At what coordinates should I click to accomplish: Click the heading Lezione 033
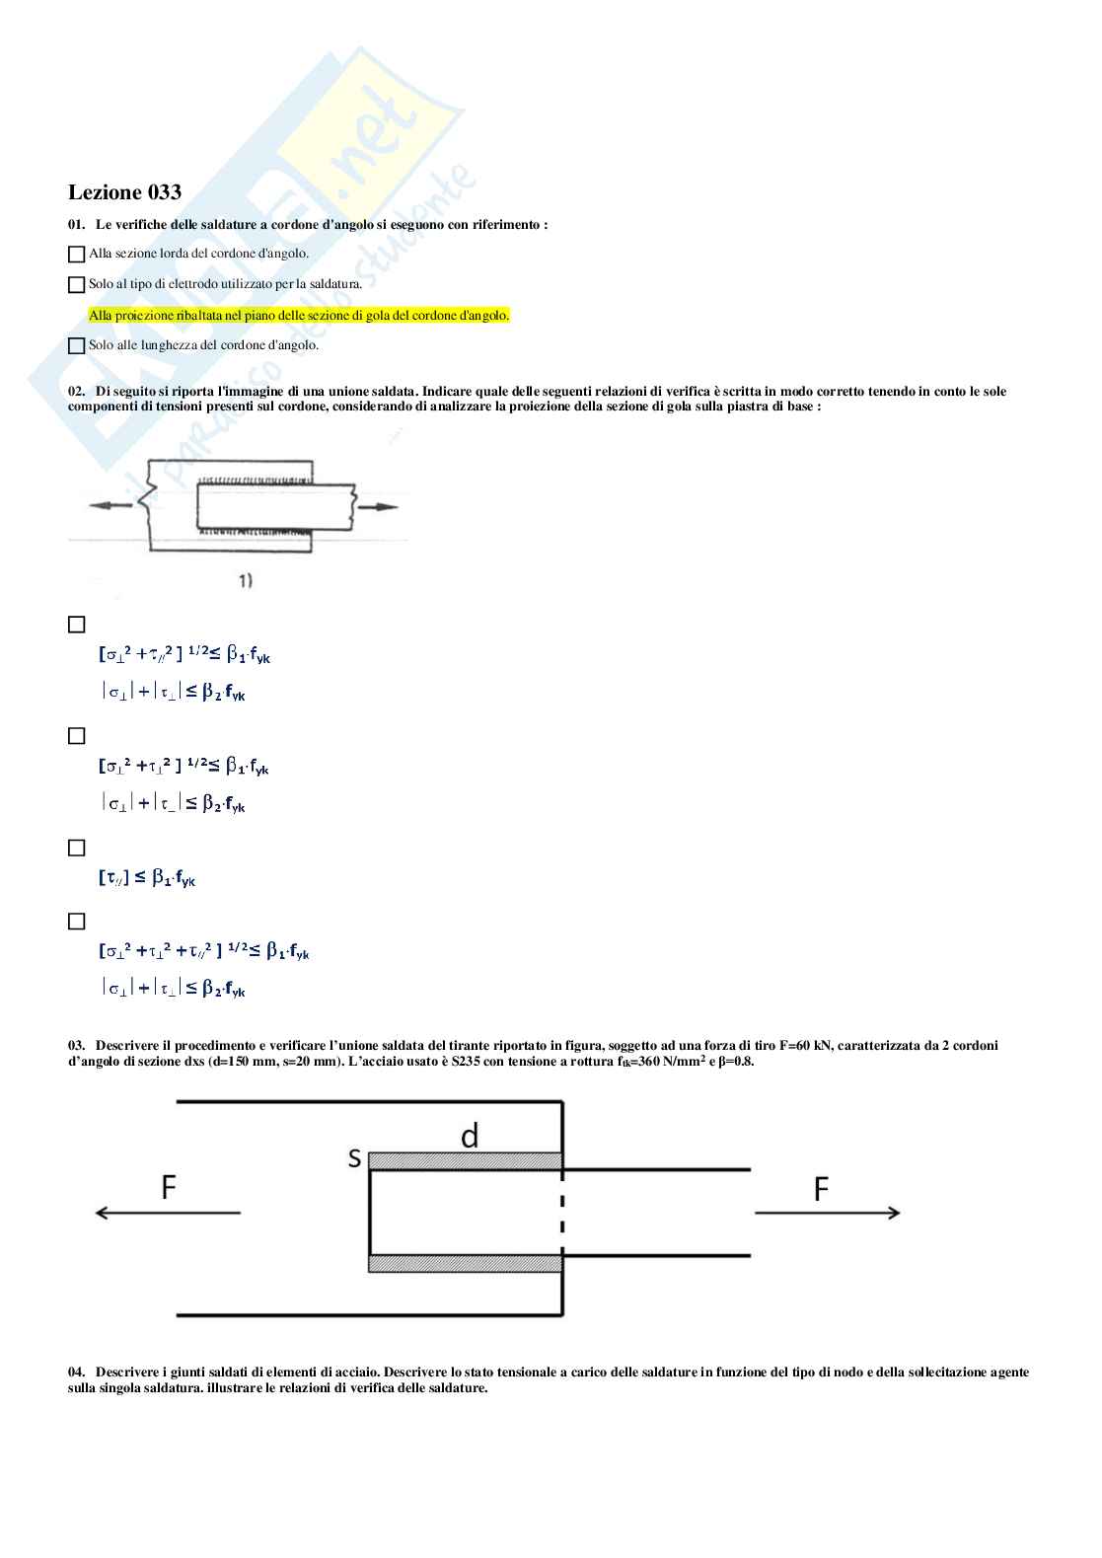click(124, 192)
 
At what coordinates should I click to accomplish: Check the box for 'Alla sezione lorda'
click(76, 255)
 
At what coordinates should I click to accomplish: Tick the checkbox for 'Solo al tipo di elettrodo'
click(76, 285)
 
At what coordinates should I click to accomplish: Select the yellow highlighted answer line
click(299, 316)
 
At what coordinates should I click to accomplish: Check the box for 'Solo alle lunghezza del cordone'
click(76, 346)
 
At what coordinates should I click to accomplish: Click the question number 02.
click(77, 392)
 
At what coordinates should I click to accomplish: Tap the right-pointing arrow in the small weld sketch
click(379, 507)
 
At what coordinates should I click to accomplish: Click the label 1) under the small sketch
click(245, 581)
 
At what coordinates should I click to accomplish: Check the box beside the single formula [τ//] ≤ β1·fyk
click(76, 848)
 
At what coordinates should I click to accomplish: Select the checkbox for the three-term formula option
click(76, 921)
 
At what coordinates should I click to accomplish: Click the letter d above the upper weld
click(470, 1137)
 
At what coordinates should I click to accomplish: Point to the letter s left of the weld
click(354, 1158)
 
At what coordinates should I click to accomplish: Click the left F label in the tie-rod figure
click(169, 1188)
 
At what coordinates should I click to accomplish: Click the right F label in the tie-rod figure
click(821, 1190)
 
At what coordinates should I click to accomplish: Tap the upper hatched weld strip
click(465, 1160)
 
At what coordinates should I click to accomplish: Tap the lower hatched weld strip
click(465, 1263)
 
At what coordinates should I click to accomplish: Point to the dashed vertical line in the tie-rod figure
click(562, 1212)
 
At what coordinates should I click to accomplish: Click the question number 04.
click(77, 1372)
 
